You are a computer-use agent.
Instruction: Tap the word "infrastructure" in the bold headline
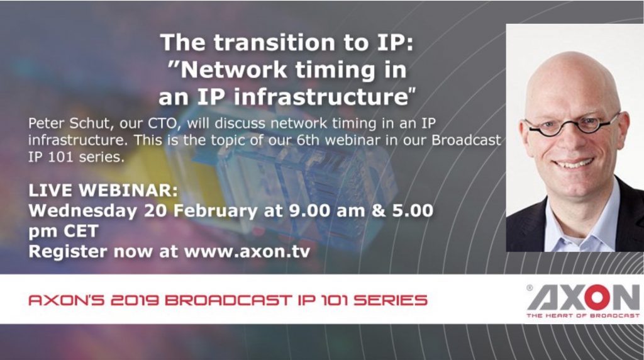pyautogui.click(x=321, y=97)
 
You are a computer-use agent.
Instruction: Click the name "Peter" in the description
pyautogui.click(x=47, y=123)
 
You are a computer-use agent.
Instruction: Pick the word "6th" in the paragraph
pyautogui.click(x=308, y=140)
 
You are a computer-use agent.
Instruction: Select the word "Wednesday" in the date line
pyautogui.click(x=82, y=211)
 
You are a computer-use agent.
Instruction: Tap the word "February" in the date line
pyautogui.click(x=215, y=211)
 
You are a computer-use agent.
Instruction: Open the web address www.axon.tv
pyautogui.click(x=247, y=252)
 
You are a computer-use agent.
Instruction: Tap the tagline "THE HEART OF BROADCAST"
pyautogui.click(x=583, y=315)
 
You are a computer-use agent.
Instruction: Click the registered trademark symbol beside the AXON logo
pyautogui.click(x=530, y=288)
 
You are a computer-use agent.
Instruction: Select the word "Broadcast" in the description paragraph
pyautogui.click(x=466, y=140)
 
